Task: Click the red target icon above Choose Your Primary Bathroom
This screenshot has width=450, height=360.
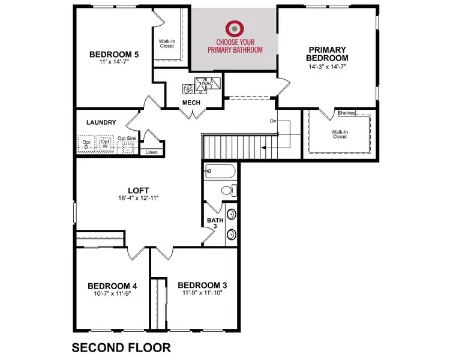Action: (234, 28)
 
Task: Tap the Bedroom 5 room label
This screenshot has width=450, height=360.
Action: (114, 54)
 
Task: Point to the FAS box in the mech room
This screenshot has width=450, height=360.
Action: (188, 89)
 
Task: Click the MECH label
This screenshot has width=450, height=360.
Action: (191, 103)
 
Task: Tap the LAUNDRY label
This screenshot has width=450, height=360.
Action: (101, 122)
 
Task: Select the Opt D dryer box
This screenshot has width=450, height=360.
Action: (87, 144)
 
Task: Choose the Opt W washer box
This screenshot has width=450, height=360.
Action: (106, 144)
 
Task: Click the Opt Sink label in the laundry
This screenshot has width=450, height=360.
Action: (126, 138)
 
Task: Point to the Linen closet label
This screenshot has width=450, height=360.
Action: (152, 152)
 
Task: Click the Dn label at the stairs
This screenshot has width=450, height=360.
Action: (273, 121)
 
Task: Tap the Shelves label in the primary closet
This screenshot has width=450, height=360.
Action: (346, 112)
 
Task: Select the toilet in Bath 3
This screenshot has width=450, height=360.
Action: (227, 191)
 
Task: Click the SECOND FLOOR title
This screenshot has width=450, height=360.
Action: (121, 347)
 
